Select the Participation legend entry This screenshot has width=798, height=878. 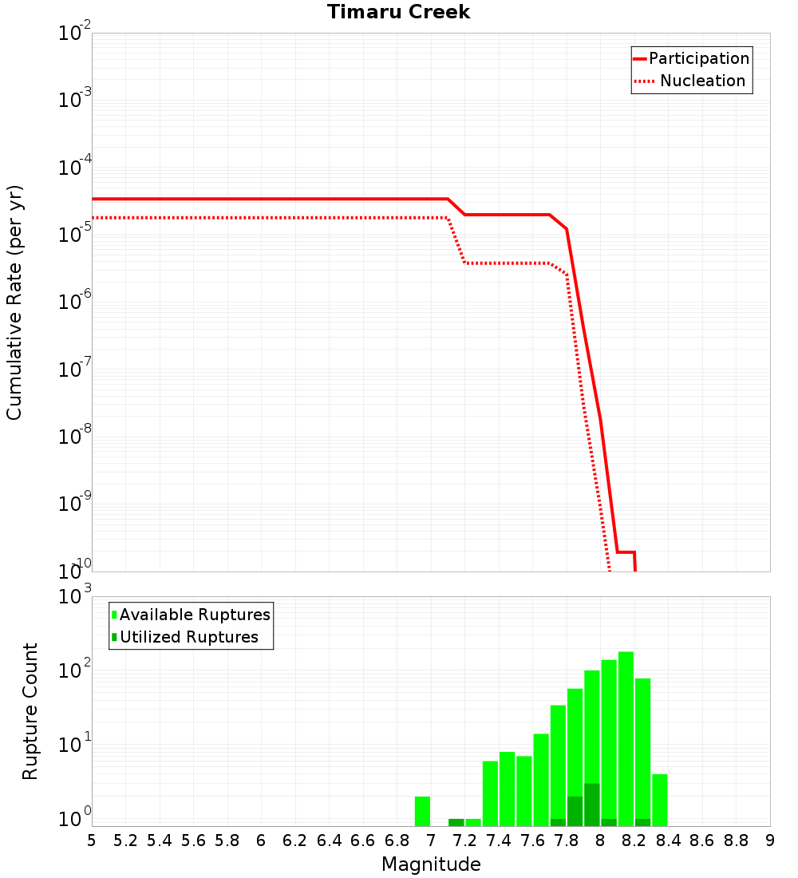(x=698, y=58)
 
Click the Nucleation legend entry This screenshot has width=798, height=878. (x=701, y=81)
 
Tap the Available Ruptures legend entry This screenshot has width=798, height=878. (x=195, y=615)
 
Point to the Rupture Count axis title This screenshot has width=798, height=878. (x=30, y=710)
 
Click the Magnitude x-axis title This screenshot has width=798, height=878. (x=431, y=864)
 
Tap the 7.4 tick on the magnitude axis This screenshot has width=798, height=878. (x=498, y=840)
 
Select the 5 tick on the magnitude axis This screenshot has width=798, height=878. (x=92, y=840)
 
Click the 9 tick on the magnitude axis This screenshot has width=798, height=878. (x=770, y=840)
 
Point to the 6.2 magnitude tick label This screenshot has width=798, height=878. (x=294, y=840)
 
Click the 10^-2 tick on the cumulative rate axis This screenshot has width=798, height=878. (x=74, y=34)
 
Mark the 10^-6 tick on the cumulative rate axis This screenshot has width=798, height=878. (x=74, y=303)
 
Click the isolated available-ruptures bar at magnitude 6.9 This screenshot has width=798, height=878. (x=422, y=811)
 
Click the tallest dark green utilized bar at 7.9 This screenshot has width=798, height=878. (x=591, y=805)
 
